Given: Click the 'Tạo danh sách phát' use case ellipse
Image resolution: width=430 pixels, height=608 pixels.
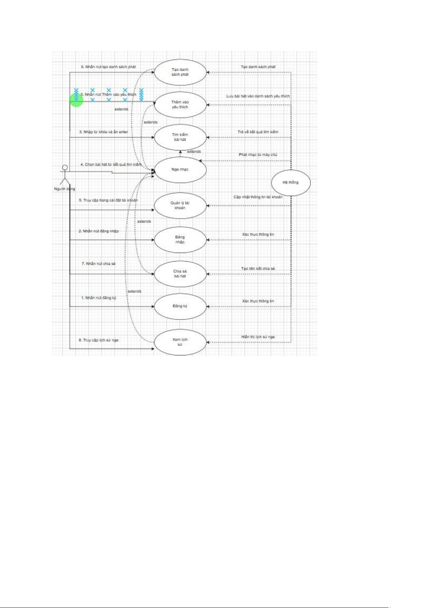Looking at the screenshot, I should pos(180,72).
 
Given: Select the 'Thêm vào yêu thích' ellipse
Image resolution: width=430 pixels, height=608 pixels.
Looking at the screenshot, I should pos(180,105).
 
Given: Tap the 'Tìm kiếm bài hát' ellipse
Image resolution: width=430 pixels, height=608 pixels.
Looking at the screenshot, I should pos(180,137).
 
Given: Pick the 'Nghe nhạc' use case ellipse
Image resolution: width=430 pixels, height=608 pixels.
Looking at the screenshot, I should pos(180,170).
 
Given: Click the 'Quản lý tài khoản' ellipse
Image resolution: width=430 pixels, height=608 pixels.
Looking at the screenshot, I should pos(180,205).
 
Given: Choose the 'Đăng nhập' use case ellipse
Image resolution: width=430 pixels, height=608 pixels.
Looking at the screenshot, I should pos(180,240).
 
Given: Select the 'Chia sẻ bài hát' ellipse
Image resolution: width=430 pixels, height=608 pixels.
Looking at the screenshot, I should pos(180,274).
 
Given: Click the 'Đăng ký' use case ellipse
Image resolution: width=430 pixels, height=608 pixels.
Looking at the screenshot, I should pos(180,306).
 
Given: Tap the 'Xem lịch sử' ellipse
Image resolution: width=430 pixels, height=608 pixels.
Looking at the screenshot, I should pos(180,342).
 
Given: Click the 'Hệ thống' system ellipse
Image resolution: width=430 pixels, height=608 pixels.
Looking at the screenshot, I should pos(291,183).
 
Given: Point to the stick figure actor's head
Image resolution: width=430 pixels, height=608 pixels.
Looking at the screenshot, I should pos(65,167).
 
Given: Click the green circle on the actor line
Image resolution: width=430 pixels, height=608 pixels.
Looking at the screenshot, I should pos(76,100).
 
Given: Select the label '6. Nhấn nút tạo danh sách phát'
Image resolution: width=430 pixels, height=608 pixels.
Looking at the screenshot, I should pos(108,67).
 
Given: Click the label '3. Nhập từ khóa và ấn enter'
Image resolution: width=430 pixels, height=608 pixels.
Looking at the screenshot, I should pos(104,132).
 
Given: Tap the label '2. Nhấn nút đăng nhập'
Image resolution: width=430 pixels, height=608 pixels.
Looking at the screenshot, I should pos(99,231).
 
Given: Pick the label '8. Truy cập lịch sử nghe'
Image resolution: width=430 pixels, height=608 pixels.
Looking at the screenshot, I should pos(98,340).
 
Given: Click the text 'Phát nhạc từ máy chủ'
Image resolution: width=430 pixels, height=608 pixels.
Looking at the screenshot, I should pos(258,155).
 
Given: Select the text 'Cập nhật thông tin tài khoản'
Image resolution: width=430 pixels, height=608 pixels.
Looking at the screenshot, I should pos(258,197).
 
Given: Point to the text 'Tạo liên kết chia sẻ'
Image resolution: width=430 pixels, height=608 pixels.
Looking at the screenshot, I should pos(258,269).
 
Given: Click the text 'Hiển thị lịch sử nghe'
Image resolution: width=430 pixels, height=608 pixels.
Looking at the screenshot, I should pos(258,337).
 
